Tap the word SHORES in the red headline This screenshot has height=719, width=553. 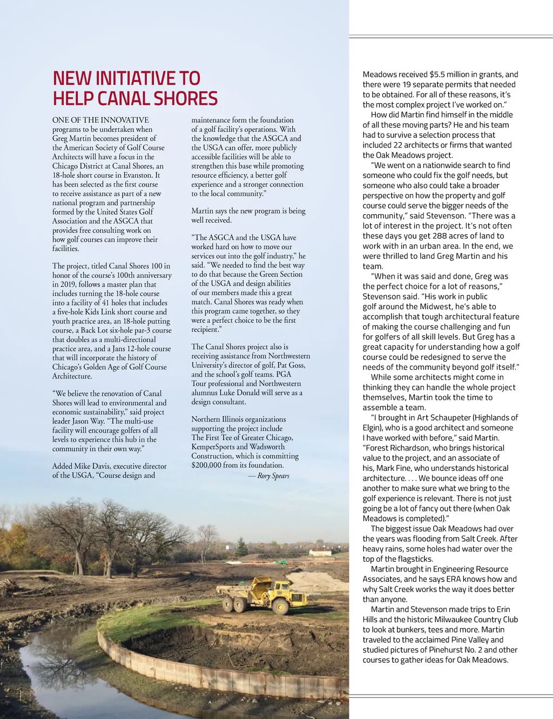pos(185,99)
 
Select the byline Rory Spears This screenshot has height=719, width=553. pos(273,476)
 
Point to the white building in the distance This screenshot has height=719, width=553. pos(320,553)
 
